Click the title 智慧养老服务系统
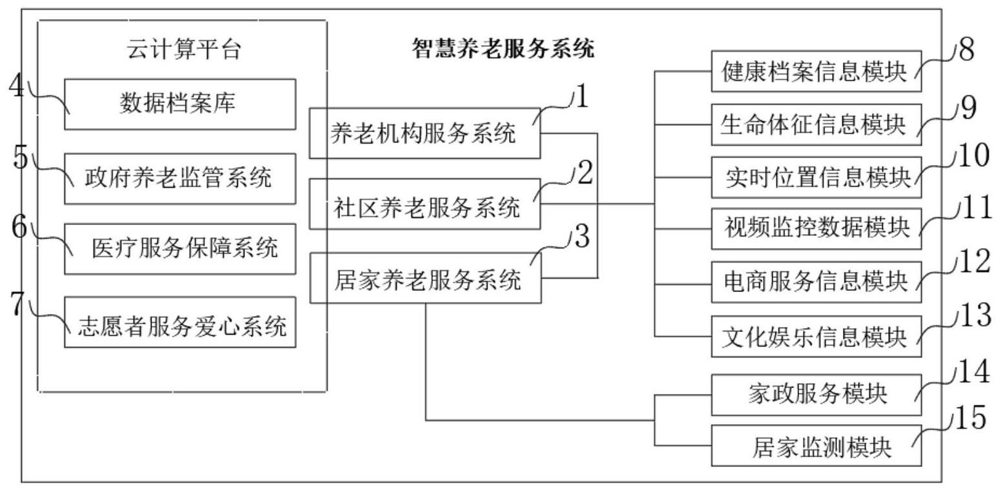503,50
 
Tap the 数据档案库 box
180,104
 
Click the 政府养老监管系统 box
180,178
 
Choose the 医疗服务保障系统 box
180,248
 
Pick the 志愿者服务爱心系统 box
180,322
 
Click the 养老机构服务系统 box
424,133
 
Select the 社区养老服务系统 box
424,204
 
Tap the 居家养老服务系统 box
424,279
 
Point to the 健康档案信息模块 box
816,72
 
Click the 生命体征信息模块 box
816,124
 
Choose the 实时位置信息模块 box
816,177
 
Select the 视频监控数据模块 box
816,229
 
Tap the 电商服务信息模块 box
816,282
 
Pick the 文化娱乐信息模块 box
816,335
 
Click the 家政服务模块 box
816,394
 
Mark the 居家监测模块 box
816,446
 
